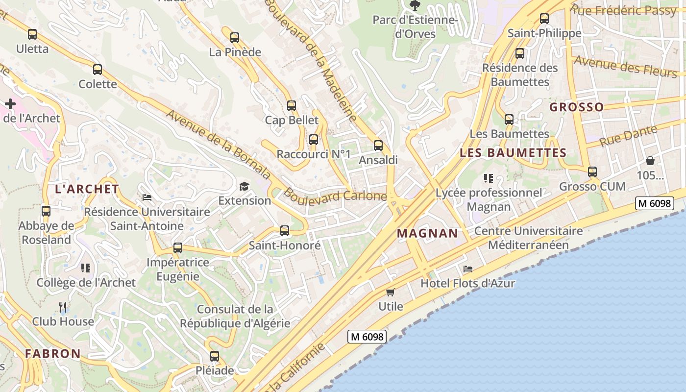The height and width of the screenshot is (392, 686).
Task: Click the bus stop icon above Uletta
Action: [x=32, y=34]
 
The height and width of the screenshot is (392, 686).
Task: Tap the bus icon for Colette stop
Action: [x=98, y=70]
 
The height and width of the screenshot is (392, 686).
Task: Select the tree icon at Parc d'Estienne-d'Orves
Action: [x=415, y=5]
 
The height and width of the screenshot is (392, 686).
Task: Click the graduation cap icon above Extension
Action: [x=244, y=186]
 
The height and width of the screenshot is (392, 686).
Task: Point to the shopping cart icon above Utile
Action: [x=390, y=293]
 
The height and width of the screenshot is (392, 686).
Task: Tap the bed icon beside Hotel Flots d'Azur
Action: [x=468, y=269]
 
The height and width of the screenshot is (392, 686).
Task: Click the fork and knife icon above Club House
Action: [x=63, y=307]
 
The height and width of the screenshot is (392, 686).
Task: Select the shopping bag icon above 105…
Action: [x=650, y=161]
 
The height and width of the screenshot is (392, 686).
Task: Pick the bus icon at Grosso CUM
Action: [x=592, y=172]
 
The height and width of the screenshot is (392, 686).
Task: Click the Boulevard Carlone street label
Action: [x=335, y=195]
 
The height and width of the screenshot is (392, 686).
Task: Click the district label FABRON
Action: [x=53, y=353]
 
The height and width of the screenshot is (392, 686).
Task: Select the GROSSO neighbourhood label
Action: [x=576, y=107]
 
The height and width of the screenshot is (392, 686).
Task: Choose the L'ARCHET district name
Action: [x=87, y=189]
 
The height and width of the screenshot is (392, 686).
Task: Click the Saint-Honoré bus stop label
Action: [x=285, y=245]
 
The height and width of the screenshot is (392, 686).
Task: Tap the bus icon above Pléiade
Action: [x=215, y=356]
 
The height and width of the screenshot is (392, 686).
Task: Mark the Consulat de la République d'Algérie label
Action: [x=235, y=317]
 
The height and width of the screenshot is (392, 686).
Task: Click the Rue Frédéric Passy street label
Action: [x=623, y=10]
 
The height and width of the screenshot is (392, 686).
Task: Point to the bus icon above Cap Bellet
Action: [x=292, y=105]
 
